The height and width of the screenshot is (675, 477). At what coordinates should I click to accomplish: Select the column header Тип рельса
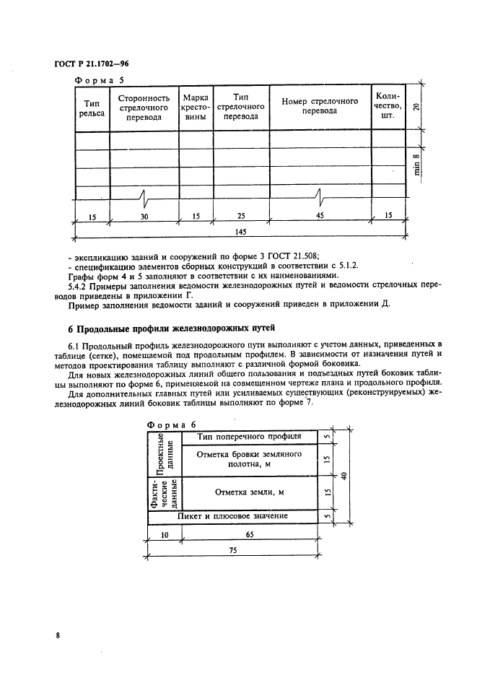click(x=91, y=108)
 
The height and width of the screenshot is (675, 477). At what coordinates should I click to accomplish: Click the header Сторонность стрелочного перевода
click(x=144, y=108)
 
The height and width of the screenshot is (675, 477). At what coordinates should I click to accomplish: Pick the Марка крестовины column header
click(x=196, y=108)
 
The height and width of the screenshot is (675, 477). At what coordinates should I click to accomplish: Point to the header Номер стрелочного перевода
click(x=320, y=106)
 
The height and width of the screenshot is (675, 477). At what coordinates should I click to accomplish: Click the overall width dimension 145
click(x=241, y=231)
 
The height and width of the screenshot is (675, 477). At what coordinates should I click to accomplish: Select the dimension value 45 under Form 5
click(x=320, y=215)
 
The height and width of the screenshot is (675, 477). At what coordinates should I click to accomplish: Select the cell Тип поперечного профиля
click(x=248, y=437)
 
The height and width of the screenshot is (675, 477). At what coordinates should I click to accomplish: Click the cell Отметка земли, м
click(x=249, y=492)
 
